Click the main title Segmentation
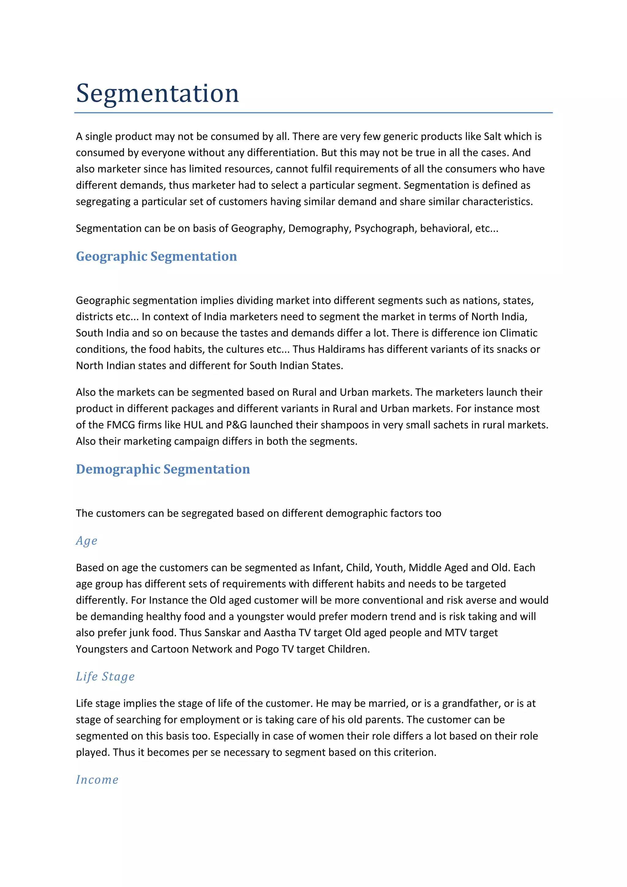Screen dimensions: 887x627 pos(158,93)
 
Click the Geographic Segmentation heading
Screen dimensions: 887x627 pos(156,257)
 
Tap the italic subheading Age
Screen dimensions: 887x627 pos(86,541)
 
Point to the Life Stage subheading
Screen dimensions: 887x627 pos(105,677)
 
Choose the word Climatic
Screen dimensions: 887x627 pos(519,333)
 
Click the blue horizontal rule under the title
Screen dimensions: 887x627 pos(313,113)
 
